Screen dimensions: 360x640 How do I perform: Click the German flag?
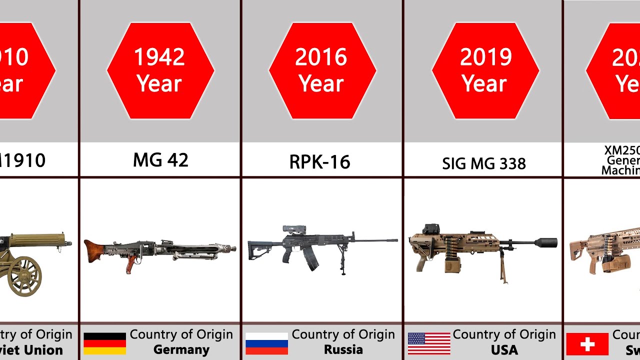coord(104,343)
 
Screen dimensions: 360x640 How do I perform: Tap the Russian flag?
coord(266,343)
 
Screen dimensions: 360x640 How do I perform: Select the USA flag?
coord(429,343)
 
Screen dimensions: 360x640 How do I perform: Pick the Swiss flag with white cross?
coord(587,344)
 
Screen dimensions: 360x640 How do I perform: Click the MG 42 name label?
coord(160,160)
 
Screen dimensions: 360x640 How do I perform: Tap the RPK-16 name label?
coord(319,162)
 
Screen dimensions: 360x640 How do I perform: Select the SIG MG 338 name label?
coord(484,163)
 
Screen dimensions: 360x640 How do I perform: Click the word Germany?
coord(181,349)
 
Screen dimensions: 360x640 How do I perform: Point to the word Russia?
coord(343,349)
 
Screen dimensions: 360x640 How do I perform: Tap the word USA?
coord(504,349)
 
